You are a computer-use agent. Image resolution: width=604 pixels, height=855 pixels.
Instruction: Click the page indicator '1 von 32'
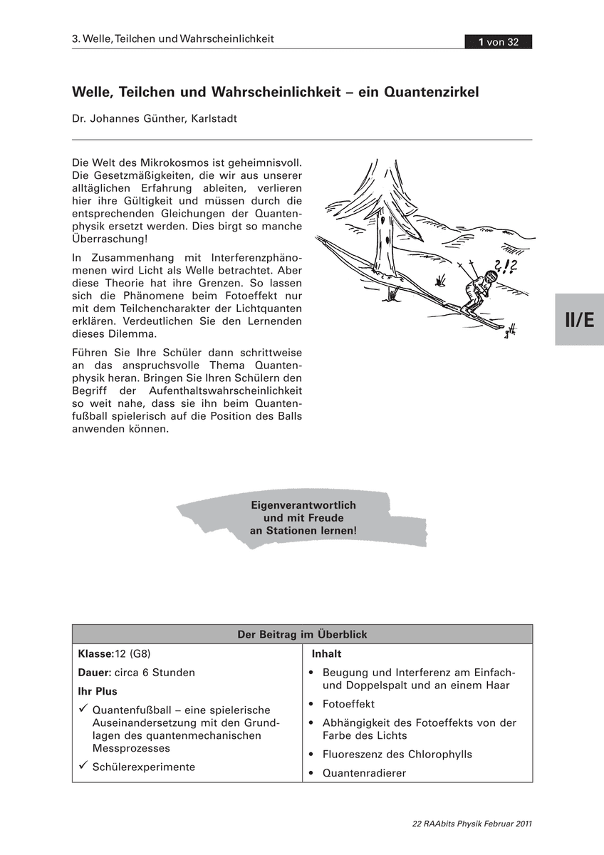(x=499, y=42)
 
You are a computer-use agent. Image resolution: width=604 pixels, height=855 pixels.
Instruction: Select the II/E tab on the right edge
(x=579, y=320)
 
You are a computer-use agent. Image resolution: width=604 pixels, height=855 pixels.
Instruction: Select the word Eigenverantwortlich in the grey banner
(x=303, y=505)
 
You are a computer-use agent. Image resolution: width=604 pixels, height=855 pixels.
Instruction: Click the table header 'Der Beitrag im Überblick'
(x=302, y=634)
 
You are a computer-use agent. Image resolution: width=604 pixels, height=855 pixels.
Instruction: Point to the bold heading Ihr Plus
(x=98, y=691)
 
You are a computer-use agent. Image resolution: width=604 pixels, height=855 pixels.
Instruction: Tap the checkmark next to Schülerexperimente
(x=83, y=765)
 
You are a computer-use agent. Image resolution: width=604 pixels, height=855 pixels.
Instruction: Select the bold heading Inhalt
(x=326, y=653)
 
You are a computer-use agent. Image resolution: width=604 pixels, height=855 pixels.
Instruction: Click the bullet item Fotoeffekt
(x=348, y=704)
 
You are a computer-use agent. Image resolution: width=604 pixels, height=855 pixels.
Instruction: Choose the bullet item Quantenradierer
(x=364, y=773)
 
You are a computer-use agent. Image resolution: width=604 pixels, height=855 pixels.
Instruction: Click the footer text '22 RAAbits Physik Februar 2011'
(x=472, y=824)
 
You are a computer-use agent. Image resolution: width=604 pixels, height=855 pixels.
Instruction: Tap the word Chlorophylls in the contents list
(x=439, y=754)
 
